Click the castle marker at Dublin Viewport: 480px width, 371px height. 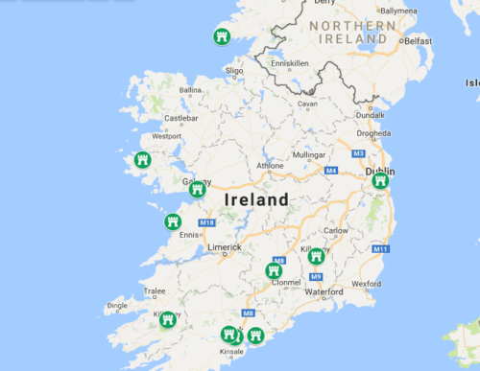(380, 179)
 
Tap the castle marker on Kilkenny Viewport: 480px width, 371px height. (316, 256)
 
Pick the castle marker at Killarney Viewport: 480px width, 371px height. (168, 319)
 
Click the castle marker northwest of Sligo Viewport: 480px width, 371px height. (221, 37)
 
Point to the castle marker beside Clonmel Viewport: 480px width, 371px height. (273, 271)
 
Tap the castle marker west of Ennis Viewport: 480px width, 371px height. (173, 221)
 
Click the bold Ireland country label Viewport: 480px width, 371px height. (255, 199)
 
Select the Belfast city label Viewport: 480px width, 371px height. (418, 41)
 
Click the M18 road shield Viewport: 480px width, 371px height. (206, 223)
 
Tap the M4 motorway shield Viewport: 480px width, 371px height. (330, 170)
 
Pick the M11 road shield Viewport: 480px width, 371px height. (381, 249)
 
